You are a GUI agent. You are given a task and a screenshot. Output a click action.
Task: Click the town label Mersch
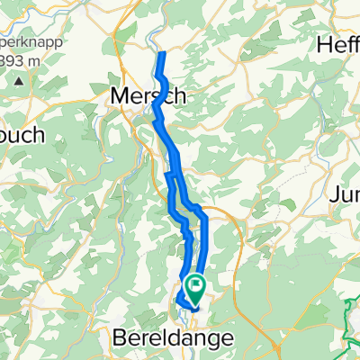pos(148,94)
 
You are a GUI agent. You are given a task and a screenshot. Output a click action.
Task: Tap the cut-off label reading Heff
pos(340,44)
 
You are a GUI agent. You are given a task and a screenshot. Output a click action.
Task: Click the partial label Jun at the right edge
pos(346,194)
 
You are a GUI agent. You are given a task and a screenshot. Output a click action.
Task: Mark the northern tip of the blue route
pos(163,55)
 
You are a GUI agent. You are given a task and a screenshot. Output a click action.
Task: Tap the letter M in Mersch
pos(119,94)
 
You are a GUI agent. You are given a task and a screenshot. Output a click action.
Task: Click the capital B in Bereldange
pos(121,338)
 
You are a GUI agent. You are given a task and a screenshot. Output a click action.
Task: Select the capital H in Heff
pos(326,44)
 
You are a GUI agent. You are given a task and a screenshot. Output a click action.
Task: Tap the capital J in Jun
pos(335,194)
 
